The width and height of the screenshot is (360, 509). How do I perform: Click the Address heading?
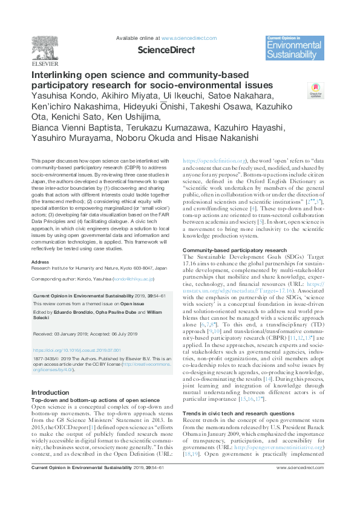coord(40,262)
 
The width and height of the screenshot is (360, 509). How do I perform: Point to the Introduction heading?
coord(50,393)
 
